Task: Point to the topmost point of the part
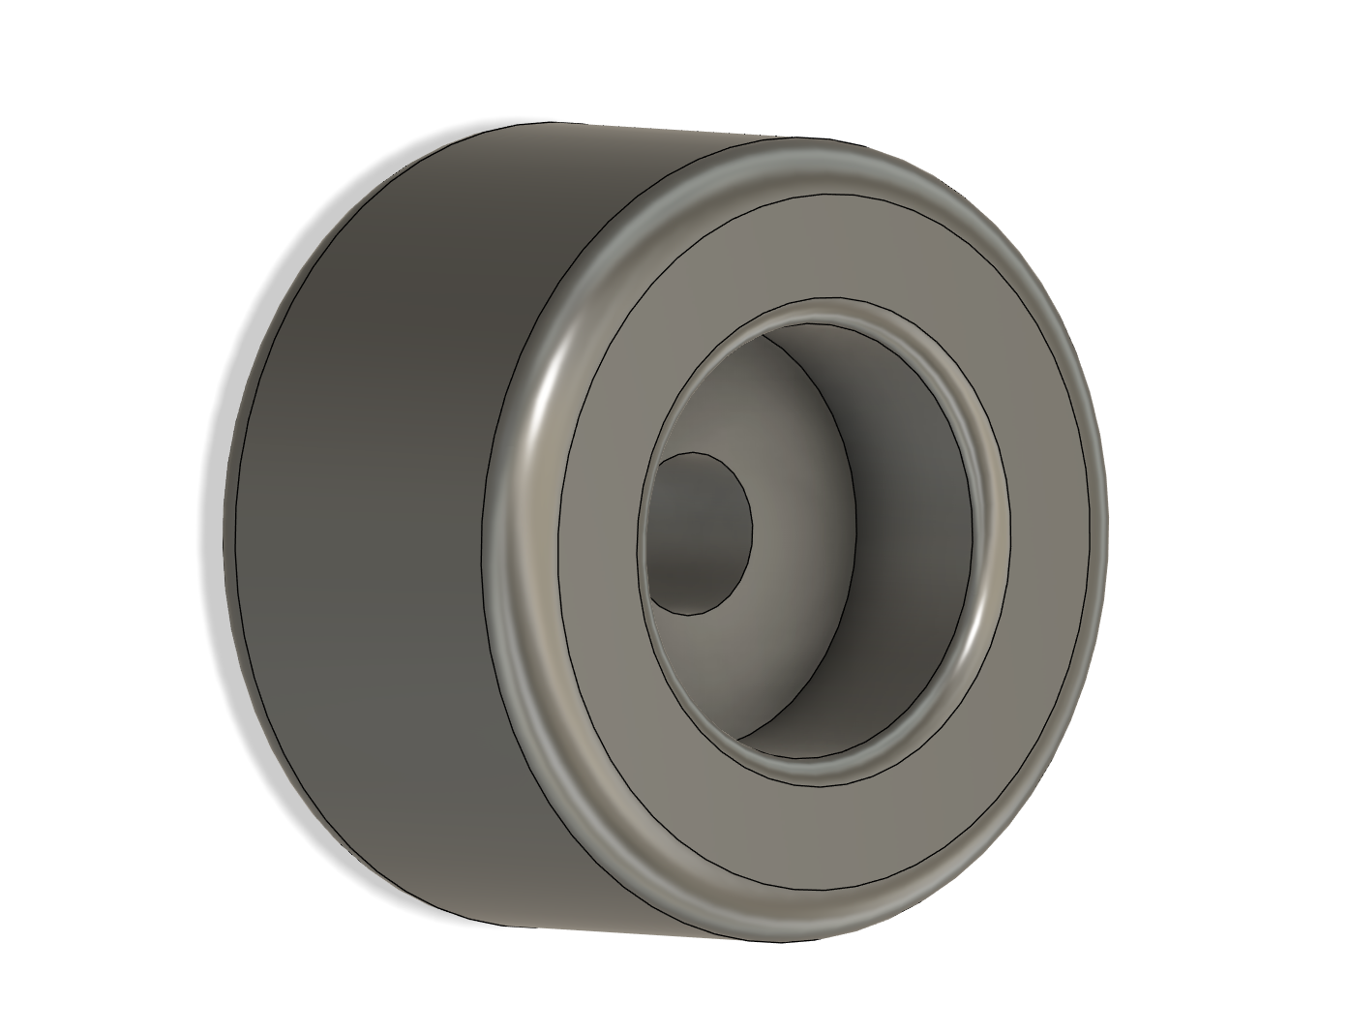(x=552, y=122)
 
